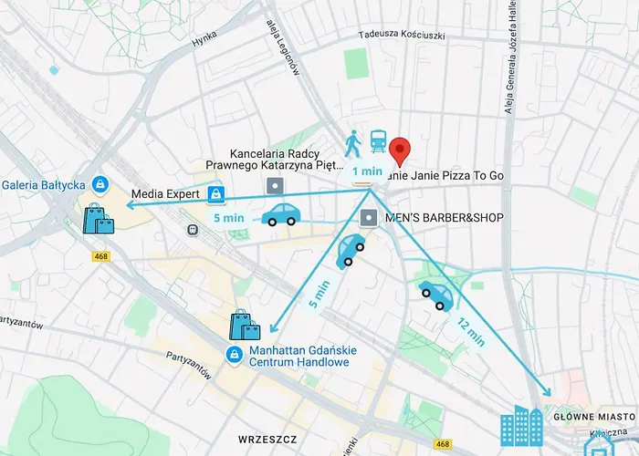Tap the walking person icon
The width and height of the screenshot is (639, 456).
[x=353, y=142]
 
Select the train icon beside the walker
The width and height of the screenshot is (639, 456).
[x=378, y=141]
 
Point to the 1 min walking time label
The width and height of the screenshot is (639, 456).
[x=367, y=171]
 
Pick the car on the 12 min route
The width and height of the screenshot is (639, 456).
[x=436, y=295]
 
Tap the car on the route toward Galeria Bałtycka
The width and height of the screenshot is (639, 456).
[x=280, y=214]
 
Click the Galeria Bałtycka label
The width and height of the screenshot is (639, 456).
[x=43, y=184]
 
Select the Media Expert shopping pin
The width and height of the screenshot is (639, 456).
[x=216, y=193]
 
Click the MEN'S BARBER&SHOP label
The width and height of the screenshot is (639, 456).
[x=433, y=218]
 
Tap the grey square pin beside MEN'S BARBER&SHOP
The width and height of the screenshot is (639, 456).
[x=368, y=218]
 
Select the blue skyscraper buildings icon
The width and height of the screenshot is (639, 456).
[x=522, y=426]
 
